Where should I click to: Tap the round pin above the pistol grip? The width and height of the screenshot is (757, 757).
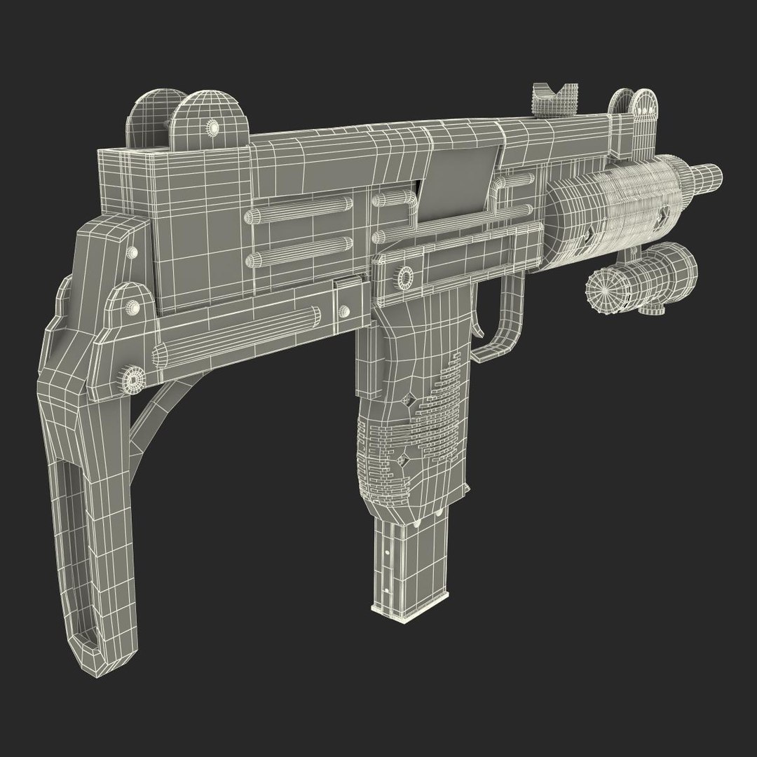(x=405, y=278)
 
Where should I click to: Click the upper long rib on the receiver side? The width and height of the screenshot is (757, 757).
(x=301, y=203)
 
